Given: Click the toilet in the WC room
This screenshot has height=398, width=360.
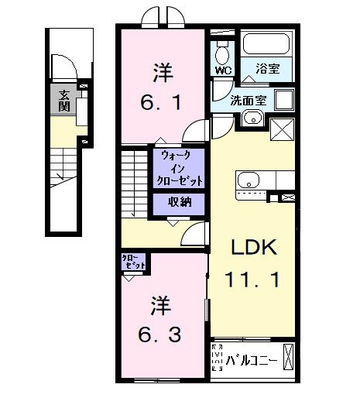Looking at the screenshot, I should [x=224, y=53].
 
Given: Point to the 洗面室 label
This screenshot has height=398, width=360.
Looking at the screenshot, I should [x=249, y=101].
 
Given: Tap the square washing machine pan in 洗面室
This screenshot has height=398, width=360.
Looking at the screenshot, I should [x=283, y=101].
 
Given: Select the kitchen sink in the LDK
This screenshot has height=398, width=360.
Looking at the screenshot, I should [x=249, y=181].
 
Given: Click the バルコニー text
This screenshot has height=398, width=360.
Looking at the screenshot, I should [x=253, y=360].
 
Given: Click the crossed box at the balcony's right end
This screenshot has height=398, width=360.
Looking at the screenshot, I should [x=288, y=359].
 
